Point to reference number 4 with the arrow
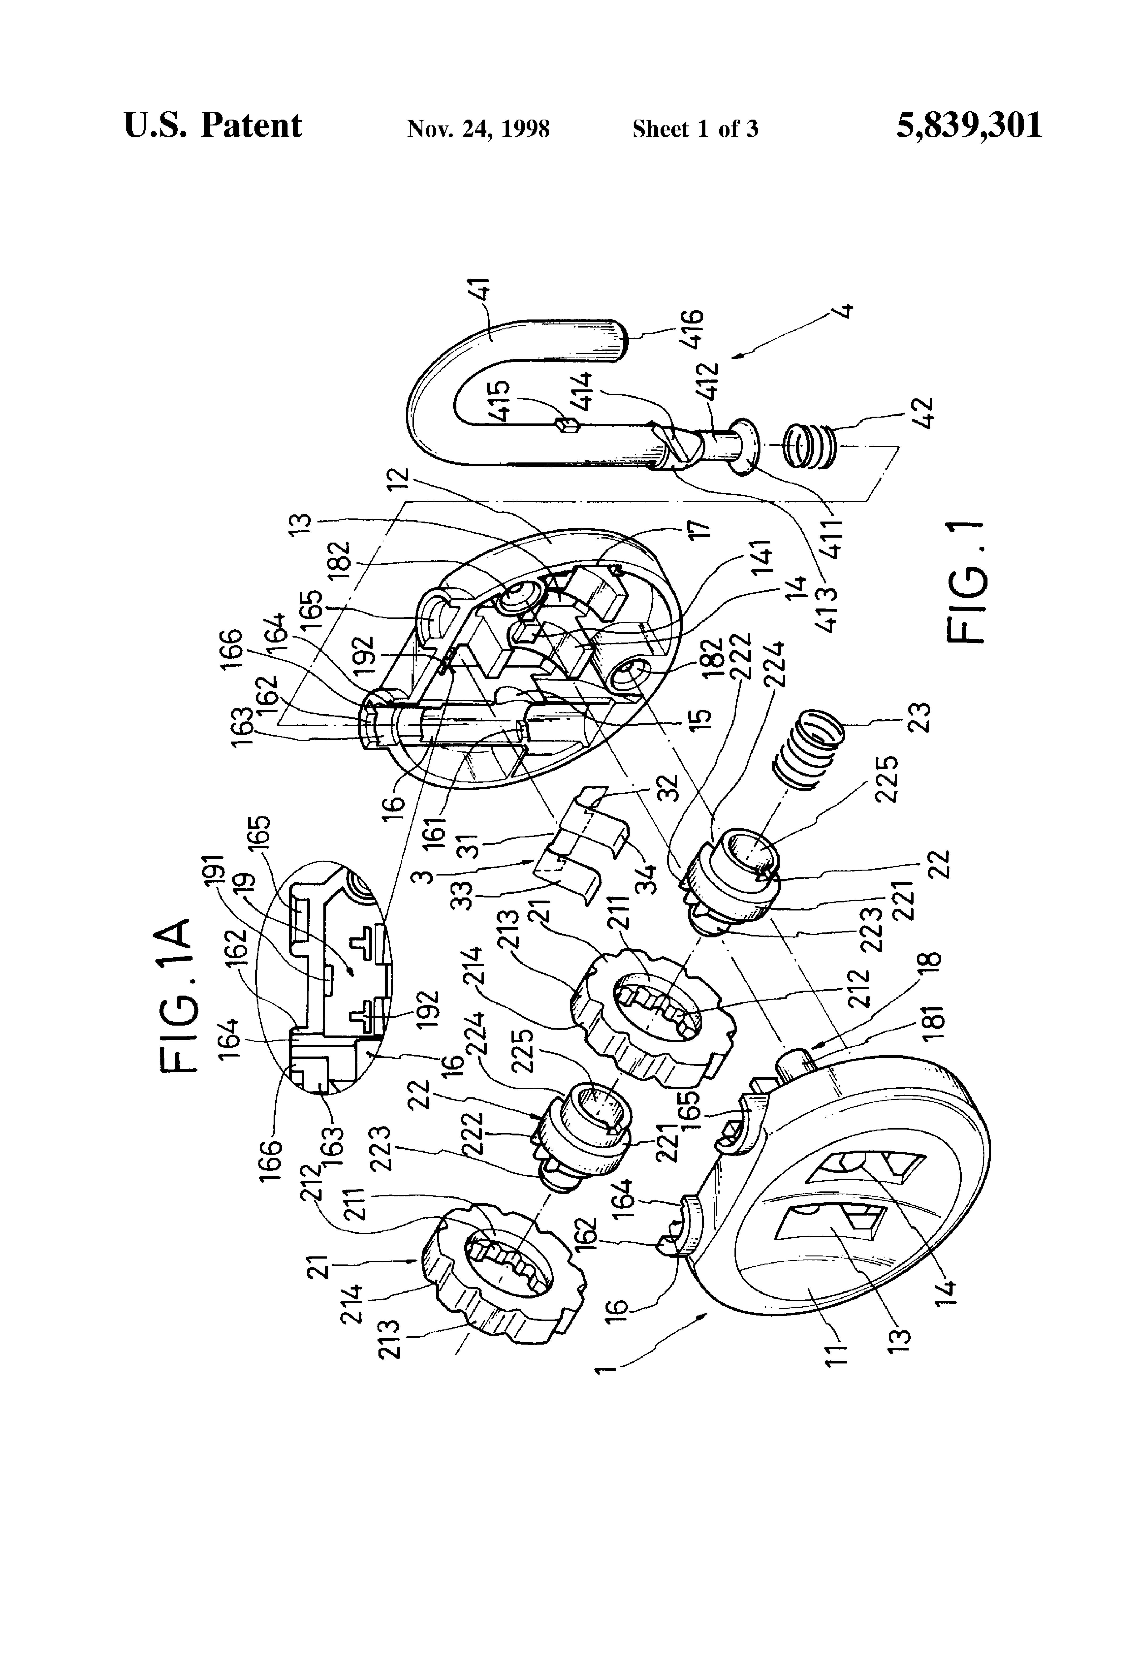coord(843,312)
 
